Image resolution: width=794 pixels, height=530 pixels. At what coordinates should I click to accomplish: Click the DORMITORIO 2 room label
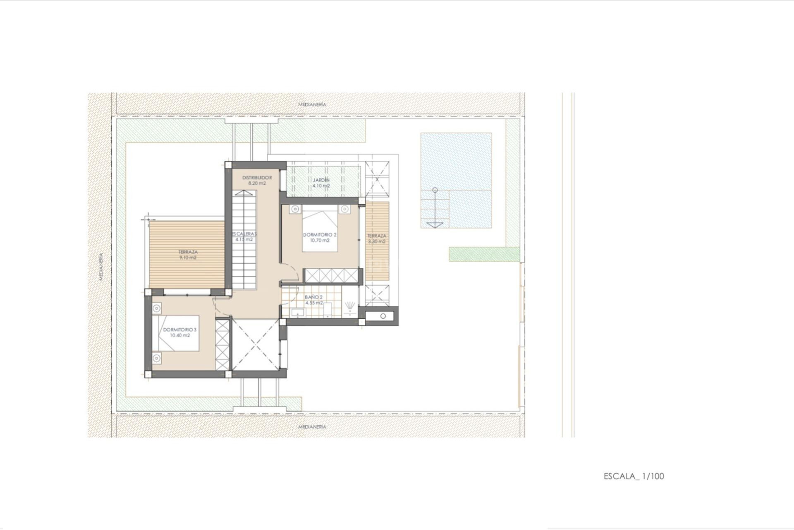click(x=320, y=235)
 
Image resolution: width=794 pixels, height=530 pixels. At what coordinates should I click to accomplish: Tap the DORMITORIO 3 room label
click(x=179, y=330)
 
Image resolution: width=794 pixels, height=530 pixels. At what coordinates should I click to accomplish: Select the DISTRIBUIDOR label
click(x=257, y=178)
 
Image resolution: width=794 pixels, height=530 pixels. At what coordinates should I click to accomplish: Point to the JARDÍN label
click(x=321, y=180)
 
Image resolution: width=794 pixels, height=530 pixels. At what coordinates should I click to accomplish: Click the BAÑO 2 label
click(x=313, y=297)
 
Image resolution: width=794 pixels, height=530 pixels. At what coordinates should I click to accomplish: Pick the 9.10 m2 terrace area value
click(x=188, y=258)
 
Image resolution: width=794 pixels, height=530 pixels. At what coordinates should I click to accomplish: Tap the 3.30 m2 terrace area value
click(x=377, y=241)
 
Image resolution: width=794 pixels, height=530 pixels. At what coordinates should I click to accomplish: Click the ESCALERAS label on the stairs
click(x=244, y=234)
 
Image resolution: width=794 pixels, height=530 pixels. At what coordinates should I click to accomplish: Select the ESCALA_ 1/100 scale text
click(x=634, y=476)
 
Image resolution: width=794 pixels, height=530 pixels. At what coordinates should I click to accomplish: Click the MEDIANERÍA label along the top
click(x=312, y=104)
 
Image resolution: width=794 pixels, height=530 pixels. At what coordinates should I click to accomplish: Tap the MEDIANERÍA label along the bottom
click(x=312, y=426)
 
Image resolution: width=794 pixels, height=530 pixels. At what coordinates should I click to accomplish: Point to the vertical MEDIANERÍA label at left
click(x=101, y=267)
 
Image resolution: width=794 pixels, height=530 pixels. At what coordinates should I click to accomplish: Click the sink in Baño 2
click(x=297, y=313)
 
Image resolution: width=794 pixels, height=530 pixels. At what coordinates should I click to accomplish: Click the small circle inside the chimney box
click(x=383, y=316)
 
